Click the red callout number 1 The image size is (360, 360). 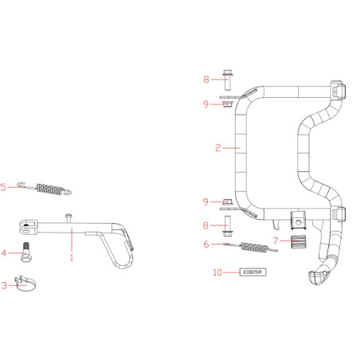click(x=72, y=257)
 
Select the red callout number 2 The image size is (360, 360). click(x=218, y=148)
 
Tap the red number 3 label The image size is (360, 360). click(x=4, y=285)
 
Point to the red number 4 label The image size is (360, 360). click(x=4, y=252)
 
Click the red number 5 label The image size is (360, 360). click(x=3, y=187)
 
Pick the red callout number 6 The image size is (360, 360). click(x=206, y=245)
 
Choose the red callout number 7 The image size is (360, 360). click(x=276, y=241)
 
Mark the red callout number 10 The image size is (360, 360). click(x=217, y=272)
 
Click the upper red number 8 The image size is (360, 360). click(x=206, y=79)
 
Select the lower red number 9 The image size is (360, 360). click(x=205, y=202)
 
